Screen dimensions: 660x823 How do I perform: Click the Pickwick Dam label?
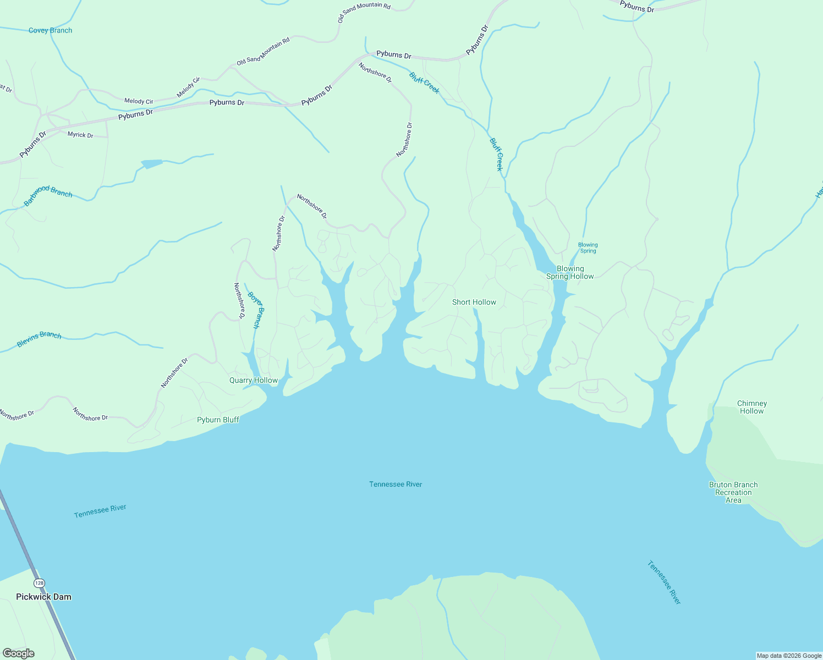click(43, 597)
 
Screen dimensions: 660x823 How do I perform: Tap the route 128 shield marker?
click(39, 583)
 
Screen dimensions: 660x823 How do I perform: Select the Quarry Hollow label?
click(254, 380)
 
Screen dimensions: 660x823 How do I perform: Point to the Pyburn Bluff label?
click(218, 420)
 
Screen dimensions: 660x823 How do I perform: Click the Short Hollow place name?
click(474, 302)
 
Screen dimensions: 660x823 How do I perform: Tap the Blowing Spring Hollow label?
click(570, 272)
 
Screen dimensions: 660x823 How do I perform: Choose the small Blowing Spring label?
click(588, 248)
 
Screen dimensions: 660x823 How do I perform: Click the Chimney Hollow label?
click(751, 407)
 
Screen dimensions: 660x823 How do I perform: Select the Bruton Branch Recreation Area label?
click(733, 492)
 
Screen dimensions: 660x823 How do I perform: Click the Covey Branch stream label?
click(50, 30)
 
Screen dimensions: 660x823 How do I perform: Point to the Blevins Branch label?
click(39, 339)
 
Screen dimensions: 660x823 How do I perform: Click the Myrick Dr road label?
click(80, 135)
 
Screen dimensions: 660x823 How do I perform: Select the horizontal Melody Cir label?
click(139, 101)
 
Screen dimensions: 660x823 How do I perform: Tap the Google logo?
click(18, 653)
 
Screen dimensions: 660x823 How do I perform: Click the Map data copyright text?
click(789, 656)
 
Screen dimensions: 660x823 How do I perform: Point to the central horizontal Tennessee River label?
click(396, 484)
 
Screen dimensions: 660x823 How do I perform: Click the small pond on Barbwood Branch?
click(152, 163)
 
